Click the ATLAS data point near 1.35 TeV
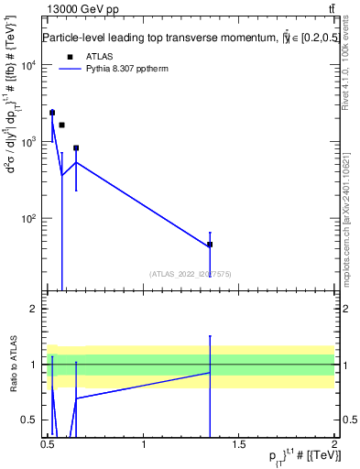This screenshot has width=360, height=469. click(x=210, y=245)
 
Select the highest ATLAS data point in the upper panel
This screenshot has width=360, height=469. click(x=52, y=113)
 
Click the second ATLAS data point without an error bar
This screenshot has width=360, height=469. click(x=61, y=125)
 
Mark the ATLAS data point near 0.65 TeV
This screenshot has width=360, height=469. click(x=76, y=147)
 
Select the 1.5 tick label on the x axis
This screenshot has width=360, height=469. click(x=239, y=444)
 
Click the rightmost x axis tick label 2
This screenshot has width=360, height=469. click(x=334, y=444)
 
